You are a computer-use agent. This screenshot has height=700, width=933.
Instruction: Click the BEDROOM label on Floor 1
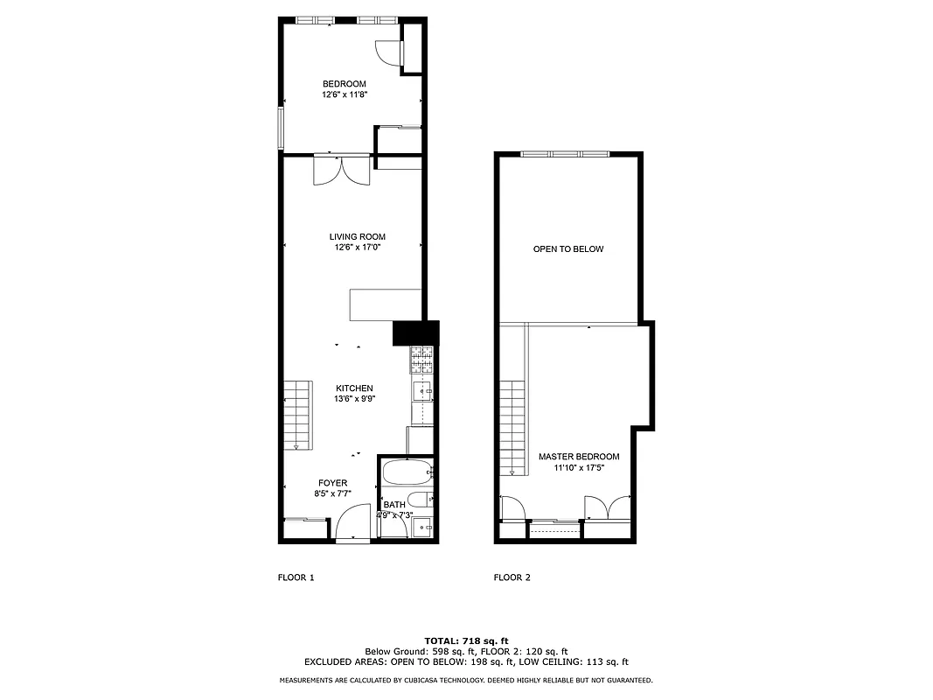point(344,84)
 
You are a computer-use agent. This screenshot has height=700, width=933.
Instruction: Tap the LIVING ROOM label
point(357,237)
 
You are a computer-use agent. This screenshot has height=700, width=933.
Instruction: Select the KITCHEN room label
point(354,388)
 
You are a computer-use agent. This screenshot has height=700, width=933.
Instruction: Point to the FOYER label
point(332,483)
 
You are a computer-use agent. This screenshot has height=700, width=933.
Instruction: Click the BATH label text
point(394,505)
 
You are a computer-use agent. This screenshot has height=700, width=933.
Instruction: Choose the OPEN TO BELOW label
point(568,249)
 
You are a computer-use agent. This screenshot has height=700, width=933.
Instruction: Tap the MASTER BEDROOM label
point(579,457)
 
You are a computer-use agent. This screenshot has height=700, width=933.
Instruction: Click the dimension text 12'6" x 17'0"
point(357,248)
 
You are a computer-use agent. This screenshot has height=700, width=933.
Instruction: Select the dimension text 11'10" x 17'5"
point(579,467)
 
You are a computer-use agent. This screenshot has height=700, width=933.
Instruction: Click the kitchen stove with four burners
point(421,359)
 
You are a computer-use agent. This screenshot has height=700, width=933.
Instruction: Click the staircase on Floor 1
point(297,415)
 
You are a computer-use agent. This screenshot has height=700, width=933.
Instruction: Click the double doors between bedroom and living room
point(342,170)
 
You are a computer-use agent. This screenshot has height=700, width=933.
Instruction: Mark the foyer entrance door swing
point(352,525)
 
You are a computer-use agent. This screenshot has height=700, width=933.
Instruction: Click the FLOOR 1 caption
point(296,577)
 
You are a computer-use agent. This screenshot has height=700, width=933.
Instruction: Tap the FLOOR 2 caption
point(512,577)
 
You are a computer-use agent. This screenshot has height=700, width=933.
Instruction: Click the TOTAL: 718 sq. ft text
point(466,641)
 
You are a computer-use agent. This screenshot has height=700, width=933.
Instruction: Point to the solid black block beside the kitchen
point(414,333)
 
